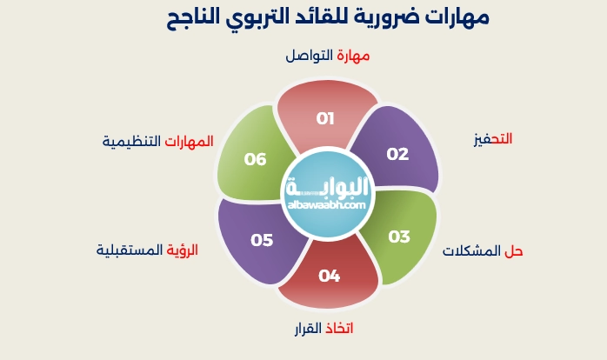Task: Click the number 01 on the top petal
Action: pos(325,118)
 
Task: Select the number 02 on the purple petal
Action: pos(397,154)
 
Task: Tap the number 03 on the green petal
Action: pos(398,237)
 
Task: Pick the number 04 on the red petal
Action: pos(329,276)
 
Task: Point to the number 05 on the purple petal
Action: pos(262,240)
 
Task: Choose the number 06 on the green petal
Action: pos(255,159)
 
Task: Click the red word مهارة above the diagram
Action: pos(354,55)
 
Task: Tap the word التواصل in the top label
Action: pos(310,55)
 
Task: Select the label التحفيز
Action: pos(492,139)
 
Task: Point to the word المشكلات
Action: pos(471,250)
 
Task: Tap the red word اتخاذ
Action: pos(339,328)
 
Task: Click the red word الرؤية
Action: pos(183,250)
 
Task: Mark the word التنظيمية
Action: pos(131,141)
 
